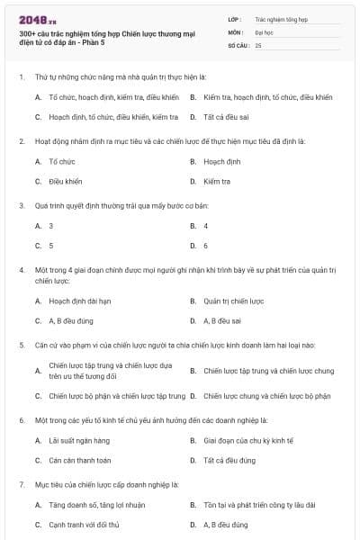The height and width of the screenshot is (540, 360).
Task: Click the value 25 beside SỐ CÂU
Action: point(258,44)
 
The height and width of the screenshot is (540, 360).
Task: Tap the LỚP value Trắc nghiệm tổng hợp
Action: point(280,18)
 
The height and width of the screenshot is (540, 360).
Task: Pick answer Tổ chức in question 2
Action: point(61,161)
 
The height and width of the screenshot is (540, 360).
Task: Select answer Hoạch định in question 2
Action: point(222,161)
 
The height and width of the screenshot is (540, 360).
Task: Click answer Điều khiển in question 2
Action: point(65,181)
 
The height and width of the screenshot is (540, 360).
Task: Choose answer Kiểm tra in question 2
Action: point(217,181)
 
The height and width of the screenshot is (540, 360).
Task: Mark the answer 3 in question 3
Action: point(50,225)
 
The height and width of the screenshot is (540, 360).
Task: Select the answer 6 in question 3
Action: point(206,245)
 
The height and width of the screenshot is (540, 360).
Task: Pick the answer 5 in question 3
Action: point(50,245)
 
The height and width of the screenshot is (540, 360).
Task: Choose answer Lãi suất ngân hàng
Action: point(79,440)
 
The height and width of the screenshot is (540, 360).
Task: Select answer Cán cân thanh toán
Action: point(79,460)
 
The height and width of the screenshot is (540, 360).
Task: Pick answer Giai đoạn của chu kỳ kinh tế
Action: point(243,440)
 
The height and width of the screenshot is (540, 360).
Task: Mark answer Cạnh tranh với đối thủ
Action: point(84,524)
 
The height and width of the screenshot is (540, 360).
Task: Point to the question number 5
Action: point(21,345)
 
